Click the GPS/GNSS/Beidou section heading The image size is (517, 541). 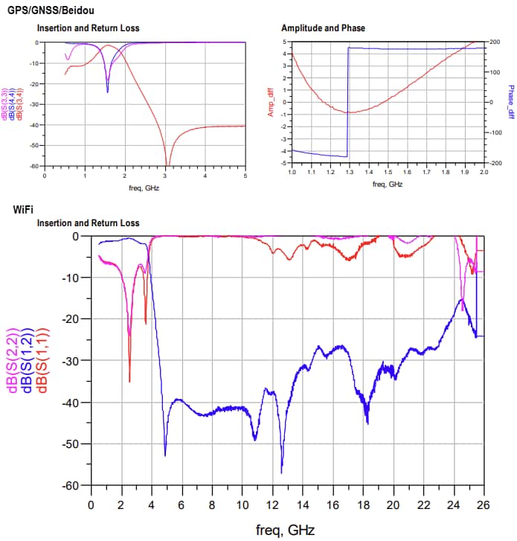(51, 10)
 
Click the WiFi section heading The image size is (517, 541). (23, 209)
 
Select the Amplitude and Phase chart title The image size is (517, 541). (323, 28)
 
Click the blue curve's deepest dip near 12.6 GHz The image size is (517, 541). (281, 472)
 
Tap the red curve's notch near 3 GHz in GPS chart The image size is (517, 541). (167, 164)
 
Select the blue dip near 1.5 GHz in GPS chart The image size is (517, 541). (107, 91)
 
